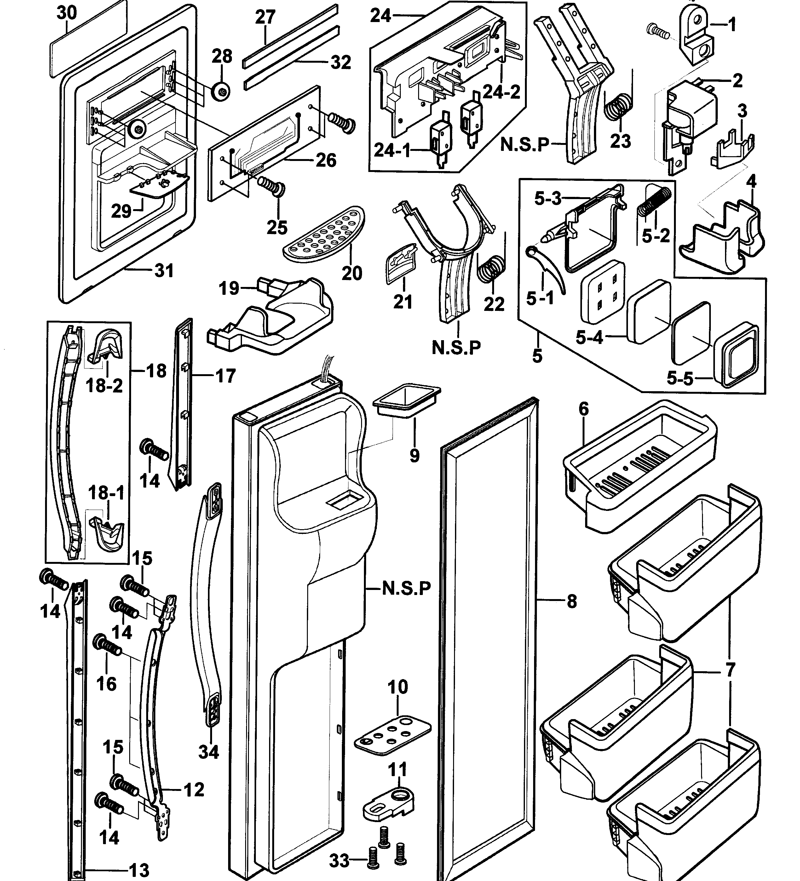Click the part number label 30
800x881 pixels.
tap(67, 13)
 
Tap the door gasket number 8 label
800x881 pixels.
tap(571, 602)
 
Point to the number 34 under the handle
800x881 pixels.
tap(209, 752)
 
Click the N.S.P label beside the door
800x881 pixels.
tap(406, 588)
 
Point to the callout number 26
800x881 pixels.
tap(326, 160)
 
